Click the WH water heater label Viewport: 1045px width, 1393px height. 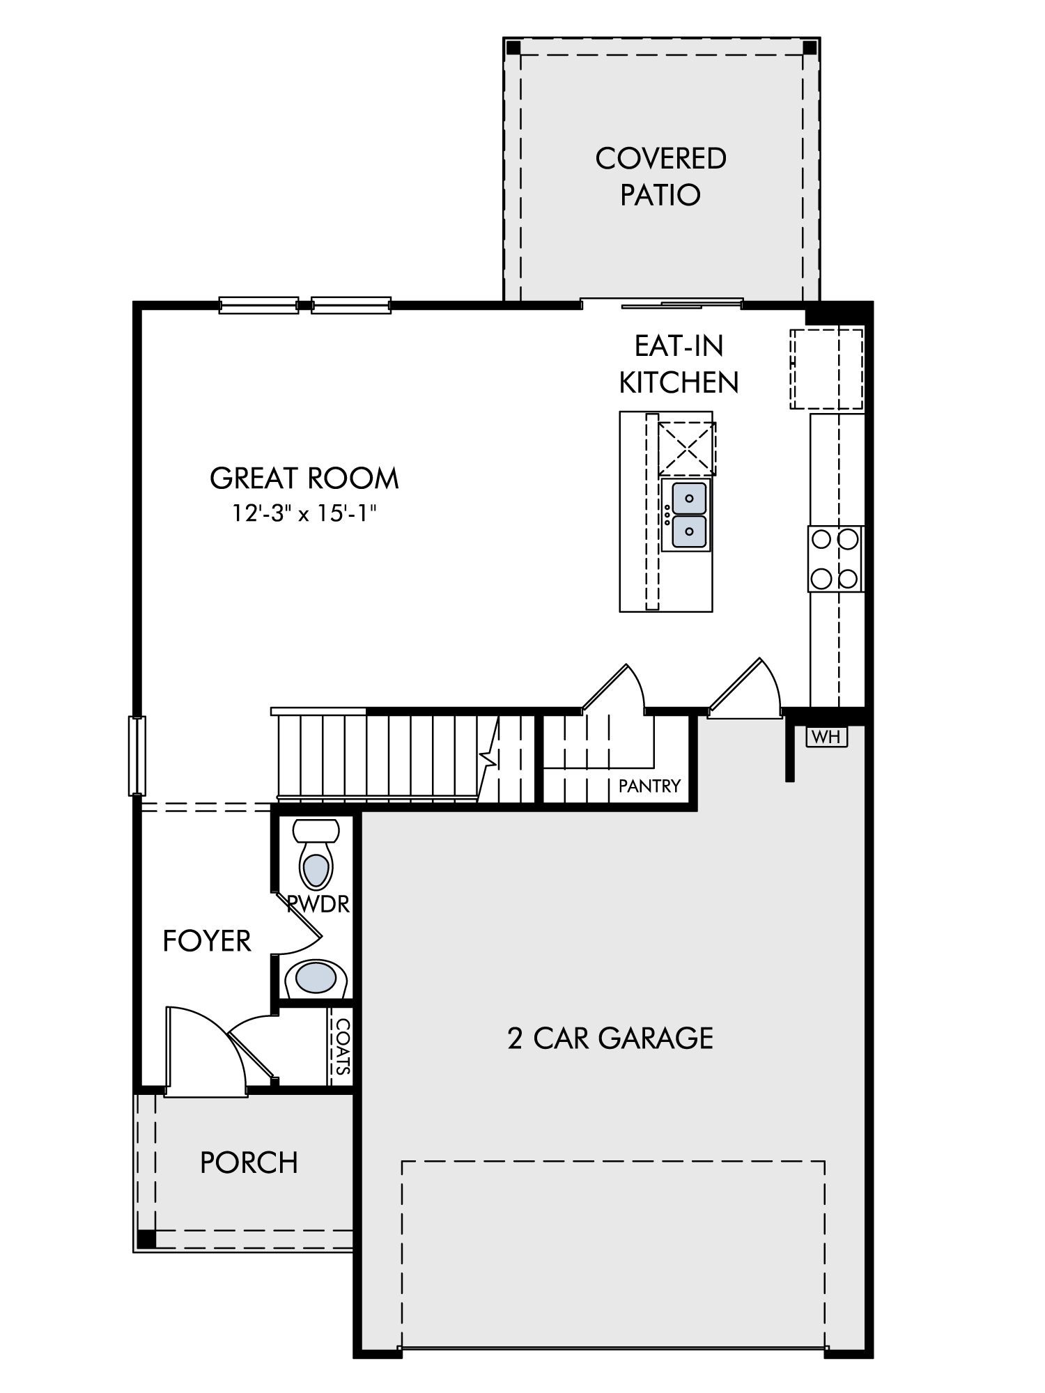pos(827,736)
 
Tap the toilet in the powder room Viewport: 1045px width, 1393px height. pos(316,855)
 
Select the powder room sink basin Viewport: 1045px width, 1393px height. pos(316,978)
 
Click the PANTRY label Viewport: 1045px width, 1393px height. pos(649,786)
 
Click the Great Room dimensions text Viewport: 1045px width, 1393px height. pos(304,513)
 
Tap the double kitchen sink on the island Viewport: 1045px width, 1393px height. pos(687,515)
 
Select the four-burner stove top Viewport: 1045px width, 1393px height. pos(835,559)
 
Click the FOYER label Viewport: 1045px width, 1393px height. pos(207,941)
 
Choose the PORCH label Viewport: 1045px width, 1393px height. pos(249,1162)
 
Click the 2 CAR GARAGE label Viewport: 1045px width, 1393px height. pos(610,1038)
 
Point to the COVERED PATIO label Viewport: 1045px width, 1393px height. pos(660,176)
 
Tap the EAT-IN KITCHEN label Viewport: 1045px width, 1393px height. pos(679,364)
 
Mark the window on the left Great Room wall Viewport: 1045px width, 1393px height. pos(137,755)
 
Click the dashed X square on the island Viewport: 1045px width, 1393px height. pos(687,448)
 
